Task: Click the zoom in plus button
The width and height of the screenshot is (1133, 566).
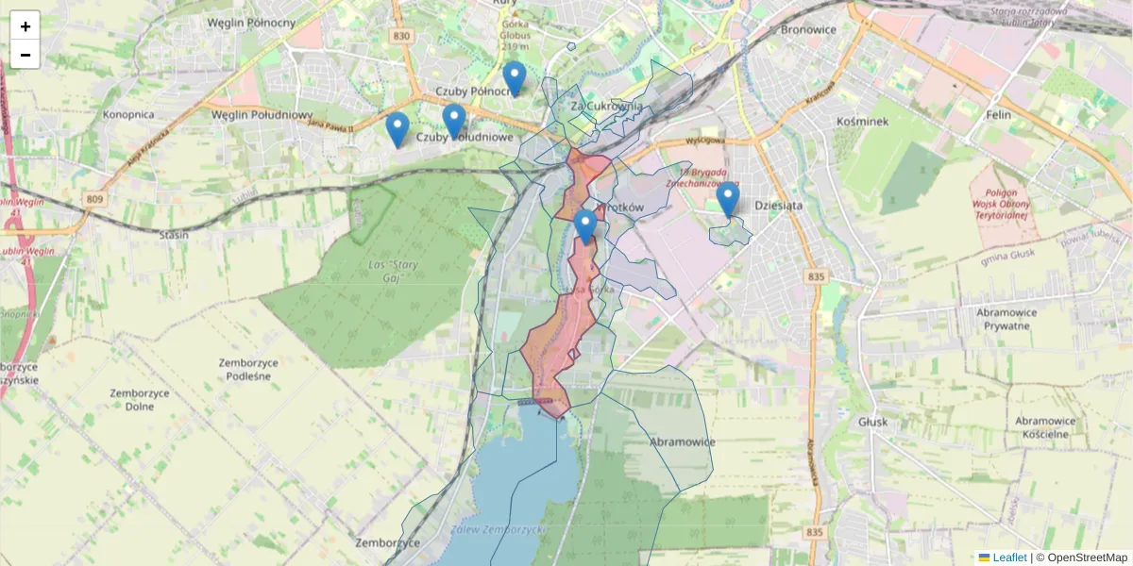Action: [25, 26]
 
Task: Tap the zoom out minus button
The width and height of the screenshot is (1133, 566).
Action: [25, 55]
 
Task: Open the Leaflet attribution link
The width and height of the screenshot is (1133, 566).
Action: [1009, 558]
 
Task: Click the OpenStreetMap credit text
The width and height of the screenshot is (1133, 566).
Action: [1087, 558]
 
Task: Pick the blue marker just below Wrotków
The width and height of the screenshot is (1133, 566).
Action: [585, 227]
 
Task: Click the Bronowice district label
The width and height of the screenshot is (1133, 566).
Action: [808, 29]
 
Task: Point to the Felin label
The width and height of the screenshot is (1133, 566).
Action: [997, 115]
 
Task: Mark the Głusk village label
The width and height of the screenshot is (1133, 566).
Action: [873, 422]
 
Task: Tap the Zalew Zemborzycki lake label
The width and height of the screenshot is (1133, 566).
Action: [499, 530]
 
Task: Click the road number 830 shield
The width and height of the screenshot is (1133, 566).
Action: [401, 37]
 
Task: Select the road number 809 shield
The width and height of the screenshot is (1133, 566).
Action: [94, 199]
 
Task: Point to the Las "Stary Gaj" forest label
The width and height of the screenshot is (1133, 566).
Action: [394, 271]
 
